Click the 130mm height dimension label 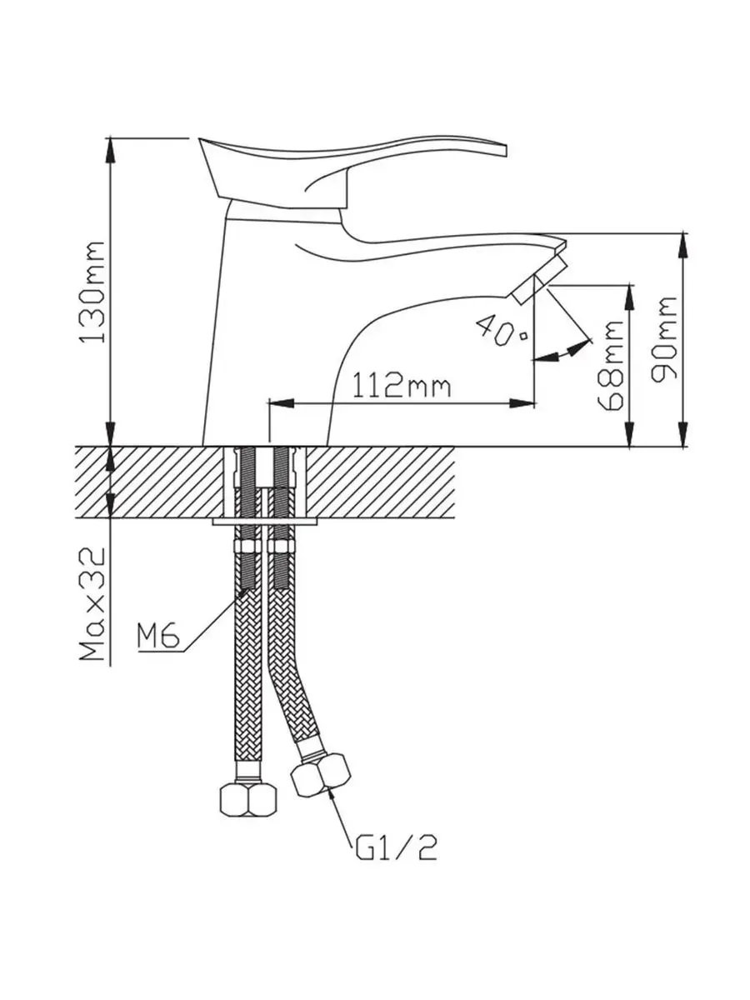(93, 292)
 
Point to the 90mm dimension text (663, 339)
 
